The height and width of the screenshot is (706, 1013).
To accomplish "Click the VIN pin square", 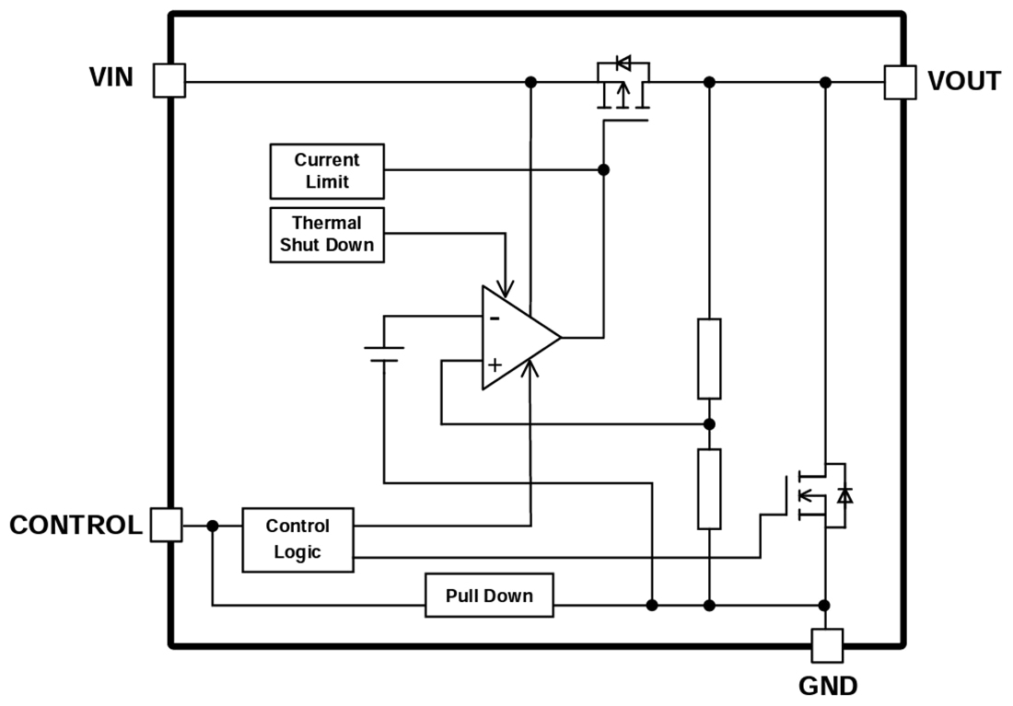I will pyautogui.click(x=169, y=81).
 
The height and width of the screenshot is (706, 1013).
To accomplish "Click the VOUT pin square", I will pyautogui.click(x=900, y=82).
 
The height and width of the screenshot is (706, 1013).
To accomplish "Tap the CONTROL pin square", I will pyautogui.click(x=166, y=525).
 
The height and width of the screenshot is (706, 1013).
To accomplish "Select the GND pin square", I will pyautogui.click(x=826, y=645).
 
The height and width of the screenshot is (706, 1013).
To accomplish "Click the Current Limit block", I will pyautogui.click(x=327, y=171).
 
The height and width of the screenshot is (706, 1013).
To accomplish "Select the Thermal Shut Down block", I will pyautogui.click(x=327, y=234).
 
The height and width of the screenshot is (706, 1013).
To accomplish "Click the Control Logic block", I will pyautogui.click(x=297, y=539).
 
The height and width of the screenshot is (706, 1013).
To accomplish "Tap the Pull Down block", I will pyautogui.click(x=489, y=596).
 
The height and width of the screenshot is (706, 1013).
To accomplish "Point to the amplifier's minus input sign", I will pyautogui.click(x=495, y=318).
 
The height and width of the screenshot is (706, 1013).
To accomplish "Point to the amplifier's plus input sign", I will pyautogui.click(x=495, y=364).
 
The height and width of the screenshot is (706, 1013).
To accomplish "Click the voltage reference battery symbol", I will pyautogui.click(x=384, y=354).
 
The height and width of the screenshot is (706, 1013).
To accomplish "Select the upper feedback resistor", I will pyautogui.click(x=708, y=358).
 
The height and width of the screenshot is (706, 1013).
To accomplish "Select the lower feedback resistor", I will pyautogui.click(x=708, y=489).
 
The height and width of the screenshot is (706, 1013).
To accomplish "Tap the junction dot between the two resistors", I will pyautogui.click(x=708, y=423).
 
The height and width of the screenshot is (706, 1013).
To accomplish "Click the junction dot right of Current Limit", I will pyautogui.click(x=603, y=169).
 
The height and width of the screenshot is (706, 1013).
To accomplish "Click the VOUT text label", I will pyautogui.click(x=963, y=82).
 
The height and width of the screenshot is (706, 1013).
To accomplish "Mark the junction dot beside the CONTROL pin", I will pyautogui.click(x=213, y=526).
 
